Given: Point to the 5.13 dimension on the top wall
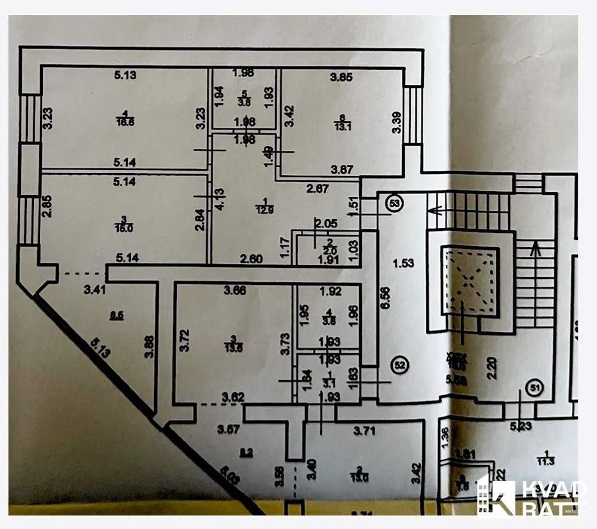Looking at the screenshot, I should click(x=126, y=75).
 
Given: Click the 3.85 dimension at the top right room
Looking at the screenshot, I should click(x=342, y=76).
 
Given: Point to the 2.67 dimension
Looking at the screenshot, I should click(x=318, y=190).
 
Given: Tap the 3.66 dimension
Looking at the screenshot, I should click(x=235, y=291).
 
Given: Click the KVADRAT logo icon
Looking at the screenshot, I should click(x=496, y=496).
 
